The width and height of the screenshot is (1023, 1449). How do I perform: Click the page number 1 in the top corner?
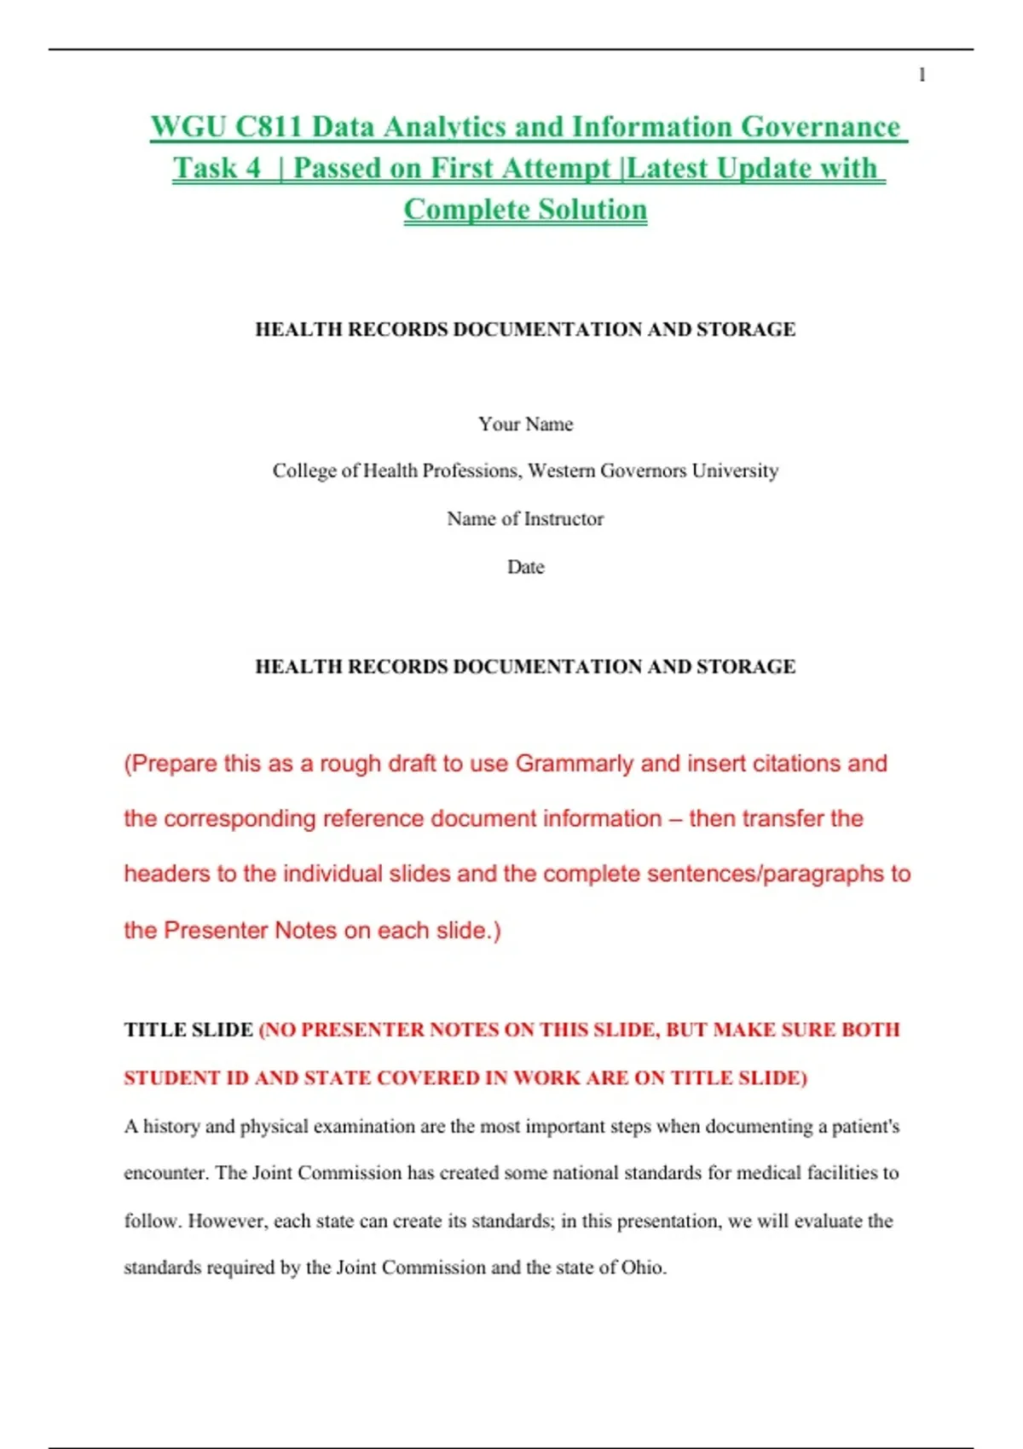tap(922, 75)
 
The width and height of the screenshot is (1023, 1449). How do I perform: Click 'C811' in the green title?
tap(269, 127)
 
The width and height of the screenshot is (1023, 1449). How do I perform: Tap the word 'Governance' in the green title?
tap(820, 127)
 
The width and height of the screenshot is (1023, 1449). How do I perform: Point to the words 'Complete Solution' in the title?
tap(525, 210)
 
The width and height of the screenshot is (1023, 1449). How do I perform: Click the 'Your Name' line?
tap(525, 424)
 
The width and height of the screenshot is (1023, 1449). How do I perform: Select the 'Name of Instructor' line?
tap(525, 518)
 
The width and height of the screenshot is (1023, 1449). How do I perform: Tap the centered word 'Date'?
tap(525, 567)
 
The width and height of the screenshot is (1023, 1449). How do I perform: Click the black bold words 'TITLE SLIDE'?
tap(188, 1030)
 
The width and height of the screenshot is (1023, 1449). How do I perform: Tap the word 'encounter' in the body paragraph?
tap(165, 1173)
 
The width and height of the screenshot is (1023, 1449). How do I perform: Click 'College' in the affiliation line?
tap(304, 470)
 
